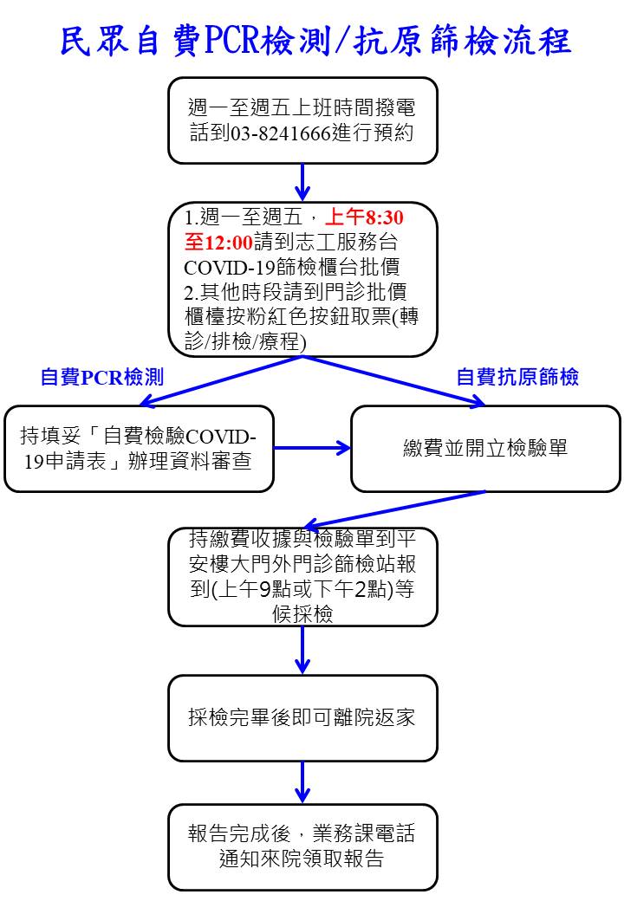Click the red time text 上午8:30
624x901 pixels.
[364, 217]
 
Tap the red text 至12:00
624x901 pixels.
[218, 242]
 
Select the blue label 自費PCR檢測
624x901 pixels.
[102, 377]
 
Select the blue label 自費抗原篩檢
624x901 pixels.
[517, 377]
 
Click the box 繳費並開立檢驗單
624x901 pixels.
[485, 449]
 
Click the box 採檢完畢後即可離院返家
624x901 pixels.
[302, 718]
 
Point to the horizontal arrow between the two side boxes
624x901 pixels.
[312, 448]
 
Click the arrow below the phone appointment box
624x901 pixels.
[302, 182]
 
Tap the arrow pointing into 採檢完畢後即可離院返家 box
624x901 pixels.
[302, 650]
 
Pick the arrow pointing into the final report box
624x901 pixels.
[302, 782]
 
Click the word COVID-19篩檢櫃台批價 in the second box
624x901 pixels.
[292, 267]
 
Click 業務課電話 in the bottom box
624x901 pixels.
[364, 833]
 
